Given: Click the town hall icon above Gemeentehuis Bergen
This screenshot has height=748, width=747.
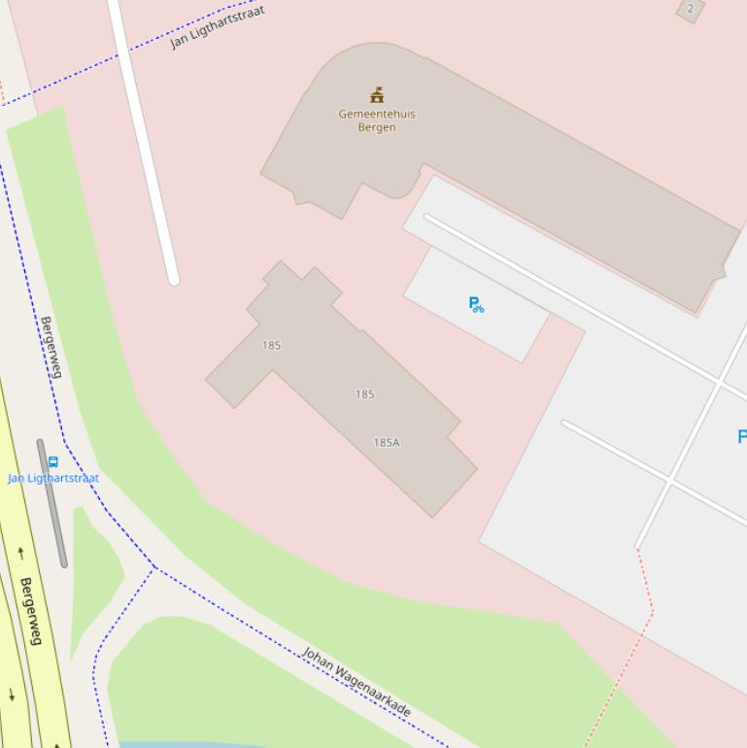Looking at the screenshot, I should point(377,95).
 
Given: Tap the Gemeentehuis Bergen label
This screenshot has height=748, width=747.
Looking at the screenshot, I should point(377,120).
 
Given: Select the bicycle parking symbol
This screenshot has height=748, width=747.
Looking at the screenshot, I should point(476,305).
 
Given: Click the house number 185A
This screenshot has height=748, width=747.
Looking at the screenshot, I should point(387,443).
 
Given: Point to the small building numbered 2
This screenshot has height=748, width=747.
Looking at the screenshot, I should point(691,9).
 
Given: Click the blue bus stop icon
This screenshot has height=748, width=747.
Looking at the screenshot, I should point(53,462).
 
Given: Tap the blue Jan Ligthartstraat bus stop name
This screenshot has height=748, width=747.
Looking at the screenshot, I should point(53,478).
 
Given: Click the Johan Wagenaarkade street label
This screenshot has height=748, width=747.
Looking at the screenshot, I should point(356,682).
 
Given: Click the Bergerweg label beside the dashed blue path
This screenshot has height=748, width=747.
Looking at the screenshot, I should point(51,347).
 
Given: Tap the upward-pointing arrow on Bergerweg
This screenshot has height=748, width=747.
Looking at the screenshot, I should point(20,554).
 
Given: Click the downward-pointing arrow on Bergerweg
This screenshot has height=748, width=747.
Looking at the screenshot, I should point(12,694).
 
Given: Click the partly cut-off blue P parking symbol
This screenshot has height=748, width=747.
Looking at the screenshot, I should point(742,437).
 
